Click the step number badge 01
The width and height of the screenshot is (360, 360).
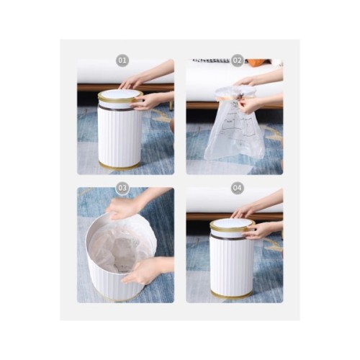122,60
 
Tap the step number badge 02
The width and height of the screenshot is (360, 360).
237,60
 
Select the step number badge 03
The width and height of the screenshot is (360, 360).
122,188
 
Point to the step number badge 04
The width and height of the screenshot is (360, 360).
237,188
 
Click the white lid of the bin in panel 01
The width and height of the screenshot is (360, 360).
120,94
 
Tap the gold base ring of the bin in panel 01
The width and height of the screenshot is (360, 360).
120,166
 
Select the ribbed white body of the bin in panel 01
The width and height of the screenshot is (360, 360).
120,137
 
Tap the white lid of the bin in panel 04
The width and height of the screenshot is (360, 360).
232,223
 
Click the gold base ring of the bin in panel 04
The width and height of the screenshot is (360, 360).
231,294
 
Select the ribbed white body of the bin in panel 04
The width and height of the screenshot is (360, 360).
231,265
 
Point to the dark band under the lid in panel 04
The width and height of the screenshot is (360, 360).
228,237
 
